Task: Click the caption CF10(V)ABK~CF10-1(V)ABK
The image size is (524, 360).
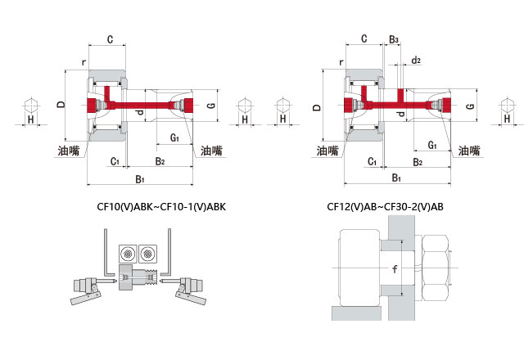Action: [x=156, y=207]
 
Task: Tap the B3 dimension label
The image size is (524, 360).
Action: [x=394, y=38]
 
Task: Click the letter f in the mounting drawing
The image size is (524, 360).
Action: [x=395, y=269]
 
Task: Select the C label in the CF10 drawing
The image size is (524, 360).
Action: [x=110, y=38]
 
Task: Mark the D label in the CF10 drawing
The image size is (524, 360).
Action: [x=60, y=105]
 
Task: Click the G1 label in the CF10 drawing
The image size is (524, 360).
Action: [x=174, y=137]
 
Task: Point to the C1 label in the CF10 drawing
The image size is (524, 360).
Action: [x=115, y=161]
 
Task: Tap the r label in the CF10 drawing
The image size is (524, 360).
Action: [x=84, y=61]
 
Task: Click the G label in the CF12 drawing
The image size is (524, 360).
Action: [x=470, y=106]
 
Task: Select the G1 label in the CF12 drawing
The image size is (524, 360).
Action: [x=431, y=144]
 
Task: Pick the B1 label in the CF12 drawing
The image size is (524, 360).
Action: [x=396, y=178]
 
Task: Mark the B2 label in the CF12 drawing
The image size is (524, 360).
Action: [x=418, y=162]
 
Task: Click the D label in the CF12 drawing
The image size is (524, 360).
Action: [x=318, y=106]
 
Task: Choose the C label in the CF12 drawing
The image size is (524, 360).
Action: [x=363, y=38]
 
